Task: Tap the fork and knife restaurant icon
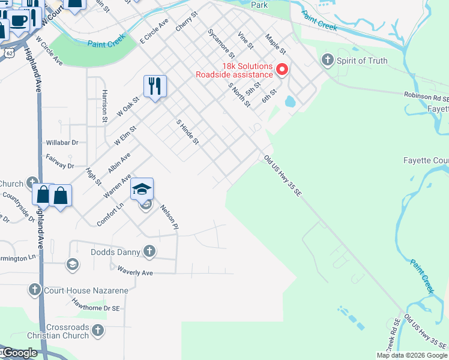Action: (155, 86)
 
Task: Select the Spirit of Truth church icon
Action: (328, 60)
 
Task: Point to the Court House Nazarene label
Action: (85, 290)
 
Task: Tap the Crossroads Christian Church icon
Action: (98, 329)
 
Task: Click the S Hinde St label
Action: (187, 133)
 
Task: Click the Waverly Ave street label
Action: (135, 271)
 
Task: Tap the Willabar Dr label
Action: (62, 143)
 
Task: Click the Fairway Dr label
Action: (59, 161)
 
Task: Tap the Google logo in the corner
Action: (19, 353)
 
